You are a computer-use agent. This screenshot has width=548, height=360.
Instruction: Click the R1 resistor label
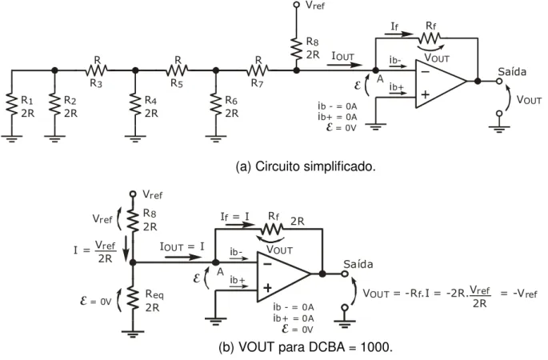point(27,101)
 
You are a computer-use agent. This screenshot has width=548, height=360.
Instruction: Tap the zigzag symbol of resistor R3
point(96,70)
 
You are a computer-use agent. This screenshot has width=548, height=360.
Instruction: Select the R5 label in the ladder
point(177,83)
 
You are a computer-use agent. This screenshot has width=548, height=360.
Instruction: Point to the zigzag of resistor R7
point(258,70)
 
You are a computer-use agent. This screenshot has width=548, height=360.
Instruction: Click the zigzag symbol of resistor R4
point(135,104)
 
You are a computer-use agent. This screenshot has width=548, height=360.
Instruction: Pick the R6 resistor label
point(232,101)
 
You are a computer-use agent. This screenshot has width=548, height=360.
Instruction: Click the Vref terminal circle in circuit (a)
point(296,5)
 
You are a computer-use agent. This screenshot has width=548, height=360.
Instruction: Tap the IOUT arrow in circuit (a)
point(345,65)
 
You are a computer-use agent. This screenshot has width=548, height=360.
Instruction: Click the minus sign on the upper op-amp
point(426,72)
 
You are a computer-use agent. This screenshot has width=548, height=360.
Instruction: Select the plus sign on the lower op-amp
point(267,288)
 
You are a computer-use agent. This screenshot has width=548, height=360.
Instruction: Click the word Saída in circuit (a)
point(512,72)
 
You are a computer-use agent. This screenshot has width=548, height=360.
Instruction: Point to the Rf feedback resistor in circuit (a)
point(430,38)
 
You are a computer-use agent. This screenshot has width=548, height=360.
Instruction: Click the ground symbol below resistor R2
point(54,138)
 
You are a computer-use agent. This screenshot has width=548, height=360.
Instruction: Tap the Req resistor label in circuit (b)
point(154,294)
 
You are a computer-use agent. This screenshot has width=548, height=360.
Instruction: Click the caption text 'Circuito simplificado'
point(315,166)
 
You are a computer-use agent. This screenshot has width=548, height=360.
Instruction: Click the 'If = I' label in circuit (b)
point(235,217)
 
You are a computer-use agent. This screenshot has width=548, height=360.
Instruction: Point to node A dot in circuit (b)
point(216,262)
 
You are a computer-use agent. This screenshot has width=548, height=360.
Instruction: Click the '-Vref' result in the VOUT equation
point(525,293)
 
